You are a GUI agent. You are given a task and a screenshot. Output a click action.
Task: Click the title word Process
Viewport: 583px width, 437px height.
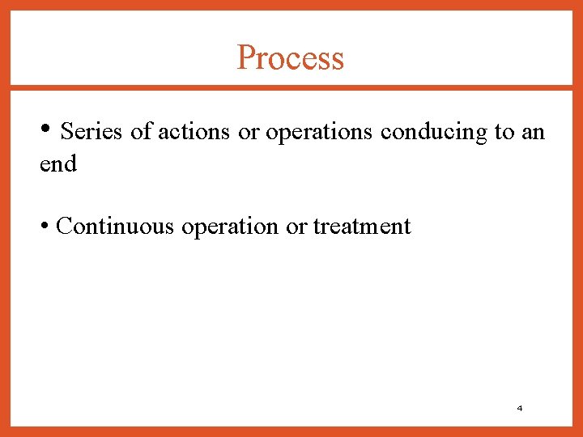[291, 58]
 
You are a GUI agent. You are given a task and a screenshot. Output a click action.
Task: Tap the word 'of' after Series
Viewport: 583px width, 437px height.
[141, 131]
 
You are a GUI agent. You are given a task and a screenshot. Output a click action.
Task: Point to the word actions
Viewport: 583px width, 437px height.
[194, 131]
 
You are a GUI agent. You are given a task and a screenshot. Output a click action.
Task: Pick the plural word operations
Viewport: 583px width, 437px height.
[319, 132]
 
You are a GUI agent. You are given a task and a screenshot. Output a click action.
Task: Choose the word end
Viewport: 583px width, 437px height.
[58, 164]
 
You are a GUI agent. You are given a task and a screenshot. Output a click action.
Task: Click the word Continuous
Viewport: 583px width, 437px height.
[116, 226]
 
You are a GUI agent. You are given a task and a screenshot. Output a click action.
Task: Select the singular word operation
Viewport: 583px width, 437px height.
[230, 227]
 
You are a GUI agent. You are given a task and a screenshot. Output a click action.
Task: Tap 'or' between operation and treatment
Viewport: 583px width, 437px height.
[296, 227]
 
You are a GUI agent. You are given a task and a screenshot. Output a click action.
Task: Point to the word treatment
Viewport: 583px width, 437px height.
[362, 227]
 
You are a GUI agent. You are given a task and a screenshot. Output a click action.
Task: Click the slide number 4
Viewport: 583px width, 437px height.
[519, 408]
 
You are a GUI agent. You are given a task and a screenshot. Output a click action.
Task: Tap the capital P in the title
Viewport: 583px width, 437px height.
[245, 58]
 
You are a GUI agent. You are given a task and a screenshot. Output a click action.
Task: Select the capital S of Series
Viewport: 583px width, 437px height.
[66, 131]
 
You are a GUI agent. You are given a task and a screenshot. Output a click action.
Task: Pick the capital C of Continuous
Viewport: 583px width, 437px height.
[64, 226]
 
